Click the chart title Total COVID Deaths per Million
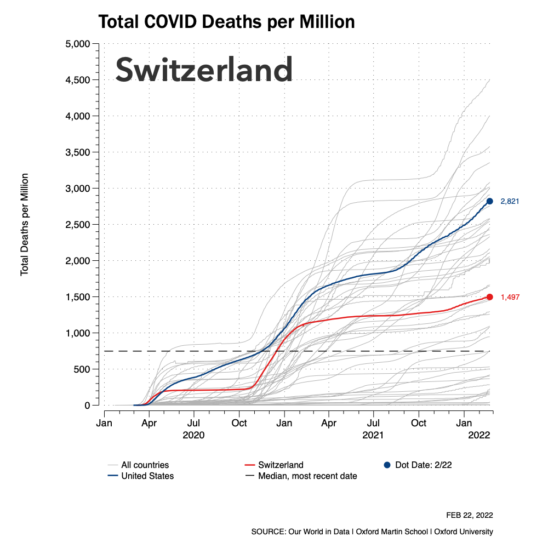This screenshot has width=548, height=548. coord(226,22)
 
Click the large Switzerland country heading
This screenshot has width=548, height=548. coord(204,70)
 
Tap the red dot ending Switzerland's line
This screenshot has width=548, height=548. coord(490,297)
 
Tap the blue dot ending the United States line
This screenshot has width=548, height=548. coord(490,201)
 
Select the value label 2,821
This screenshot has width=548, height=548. coord(510,202)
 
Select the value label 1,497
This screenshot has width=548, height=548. coord(510,298)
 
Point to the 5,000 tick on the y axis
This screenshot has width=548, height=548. coord(78,44)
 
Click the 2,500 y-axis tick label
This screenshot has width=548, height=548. coord(78,225)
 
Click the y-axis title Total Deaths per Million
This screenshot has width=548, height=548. coord(25,225)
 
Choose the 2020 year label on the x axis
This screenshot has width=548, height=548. coord(193,435)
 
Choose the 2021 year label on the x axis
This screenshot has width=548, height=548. coord(374,435)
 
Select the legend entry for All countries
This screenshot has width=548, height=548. coord(145,465)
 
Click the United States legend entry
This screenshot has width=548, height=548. coord(147,476)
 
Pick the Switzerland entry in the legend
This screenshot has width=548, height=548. coord(281,465)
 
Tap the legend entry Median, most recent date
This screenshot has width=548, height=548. coord(307,476)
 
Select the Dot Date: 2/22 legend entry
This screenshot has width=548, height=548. coord(423,465)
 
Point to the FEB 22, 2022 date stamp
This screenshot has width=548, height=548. coord(470,515)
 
